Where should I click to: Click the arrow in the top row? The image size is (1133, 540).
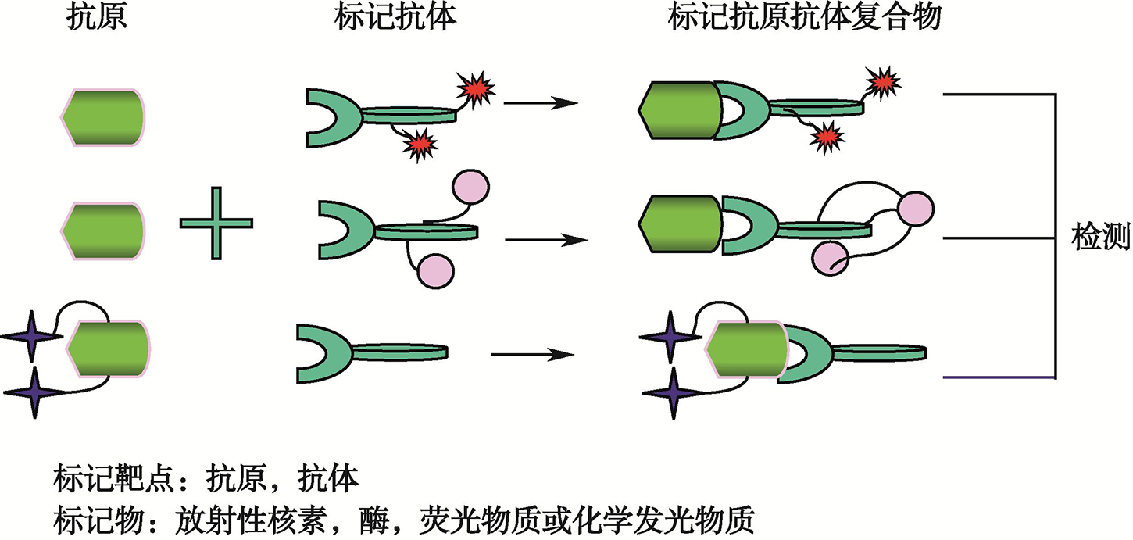coord(540,102)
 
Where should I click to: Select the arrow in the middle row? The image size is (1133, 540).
coord(545,239)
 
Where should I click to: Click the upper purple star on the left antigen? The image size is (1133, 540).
coord(30,336)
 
